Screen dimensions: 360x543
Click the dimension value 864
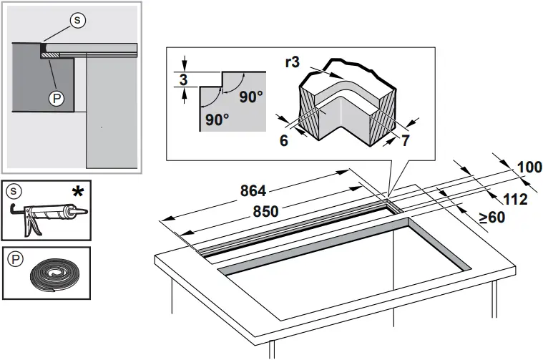pos(252,191)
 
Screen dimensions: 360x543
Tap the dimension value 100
pos(529,167)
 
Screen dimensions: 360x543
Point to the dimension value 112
pos(515,198)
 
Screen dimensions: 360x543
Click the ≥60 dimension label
pos(492,217)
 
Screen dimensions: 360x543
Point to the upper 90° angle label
pos(251,97)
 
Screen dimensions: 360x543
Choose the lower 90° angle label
pos(217,120)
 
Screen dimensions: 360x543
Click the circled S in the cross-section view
pos(78,21)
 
